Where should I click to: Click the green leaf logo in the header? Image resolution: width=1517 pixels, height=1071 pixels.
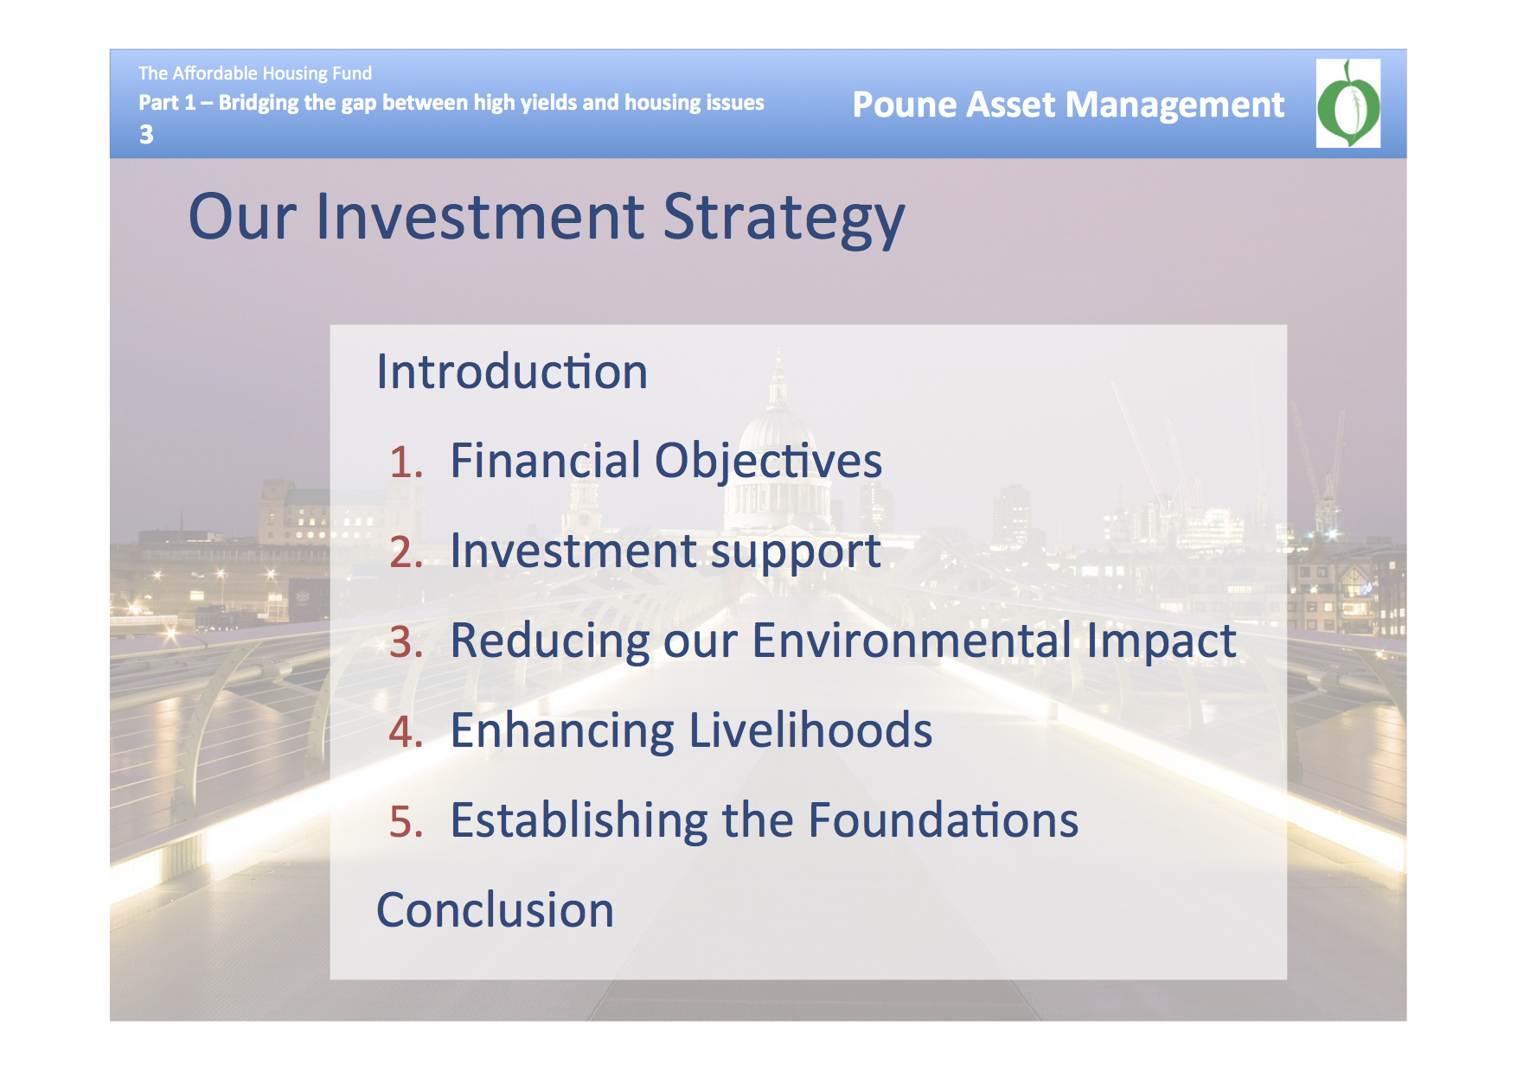[x=1347, y=104]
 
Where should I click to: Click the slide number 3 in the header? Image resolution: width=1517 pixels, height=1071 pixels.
[x=146, y=135]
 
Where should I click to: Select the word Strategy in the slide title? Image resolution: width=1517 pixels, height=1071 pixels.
[x=784, y=220]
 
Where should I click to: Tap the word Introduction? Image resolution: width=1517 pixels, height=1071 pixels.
[x=512, y=372]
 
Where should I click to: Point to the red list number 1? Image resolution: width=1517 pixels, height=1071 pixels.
[x=406, y=462]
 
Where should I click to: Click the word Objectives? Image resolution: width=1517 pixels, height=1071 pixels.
[x=768, y=462]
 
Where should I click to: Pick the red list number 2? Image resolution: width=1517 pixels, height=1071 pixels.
[x=406, y=552]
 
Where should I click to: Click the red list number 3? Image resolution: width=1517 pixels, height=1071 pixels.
[x=406, y=642]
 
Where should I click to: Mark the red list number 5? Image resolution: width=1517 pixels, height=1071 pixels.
[x=406, y=822]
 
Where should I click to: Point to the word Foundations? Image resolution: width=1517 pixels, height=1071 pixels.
[x=944, y=820]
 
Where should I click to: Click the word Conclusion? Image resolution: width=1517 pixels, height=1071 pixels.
[x=496, y=911]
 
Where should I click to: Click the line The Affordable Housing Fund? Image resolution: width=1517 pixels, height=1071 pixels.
[x=255, y=73]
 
